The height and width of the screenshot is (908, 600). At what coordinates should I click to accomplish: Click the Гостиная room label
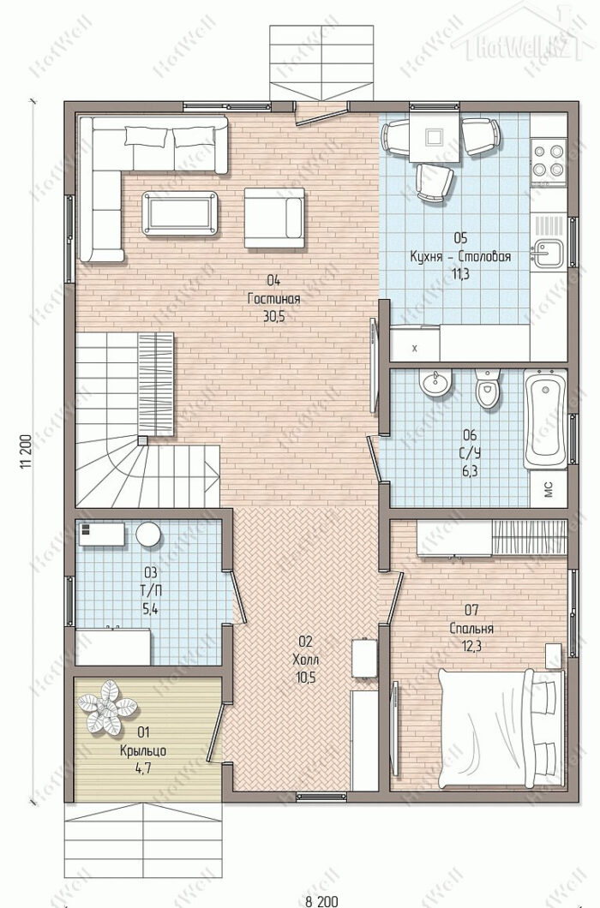click(x=273, y=299)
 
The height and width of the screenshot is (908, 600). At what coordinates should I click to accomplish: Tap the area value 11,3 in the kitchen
click(x=461, y=274)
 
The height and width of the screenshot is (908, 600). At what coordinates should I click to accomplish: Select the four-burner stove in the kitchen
click(x=549, y=161)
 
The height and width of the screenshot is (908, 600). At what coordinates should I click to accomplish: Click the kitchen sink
click(x=548, y=253)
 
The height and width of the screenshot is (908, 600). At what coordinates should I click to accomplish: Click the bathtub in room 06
click(x=545, y=419)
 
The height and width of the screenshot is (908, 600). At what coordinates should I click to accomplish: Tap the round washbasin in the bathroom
click(x=435, y=383)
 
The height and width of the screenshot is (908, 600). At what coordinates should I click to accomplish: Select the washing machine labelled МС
click(x=548, y=490)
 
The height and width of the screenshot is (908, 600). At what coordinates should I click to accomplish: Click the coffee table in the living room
click(x=180, y=213)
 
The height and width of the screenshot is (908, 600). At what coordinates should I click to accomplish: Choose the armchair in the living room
click(x=274, y=218)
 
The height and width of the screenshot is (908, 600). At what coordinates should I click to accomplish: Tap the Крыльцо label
click(x=143, y=751)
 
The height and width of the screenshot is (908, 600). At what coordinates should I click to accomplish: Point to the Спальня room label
click(x=471, y=628)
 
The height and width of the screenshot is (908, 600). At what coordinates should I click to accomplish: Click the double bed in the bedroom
click(x=501, y=728)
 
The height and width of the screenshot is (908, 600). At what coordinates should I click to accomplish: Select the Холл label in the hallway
click(x=305, y=659)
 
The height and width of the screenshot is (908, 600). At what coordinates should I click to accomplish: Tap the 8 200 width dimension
click(x=321, y=901)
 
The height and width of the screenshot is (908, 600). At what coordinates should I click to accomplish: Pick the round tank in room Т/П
click(x=148, y=534)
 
